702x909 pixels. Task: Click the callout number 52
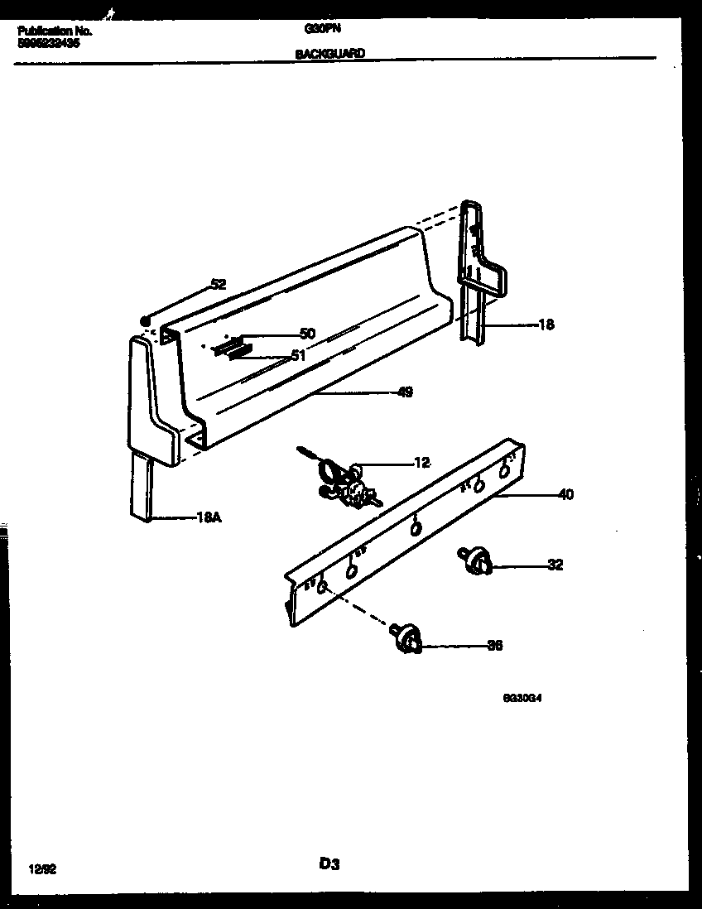[218, 284]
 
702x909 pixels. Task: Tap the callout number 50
[307, 334]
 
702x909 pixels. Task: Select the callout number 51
[298, 356]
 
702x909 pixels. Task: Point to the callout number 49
[405, 392]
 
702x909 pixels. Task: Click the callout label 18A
[209, 519]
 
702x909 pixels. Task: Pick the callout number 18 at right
[546, 325]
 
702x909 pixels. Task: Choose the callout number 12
[422, 463]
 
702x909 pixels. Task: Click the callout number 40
[565, 495]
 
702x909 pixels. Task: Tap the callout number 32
[555, 565]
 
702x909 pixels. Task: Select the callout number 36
[494, 646]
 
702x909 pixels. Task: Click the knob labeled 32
[474, 561]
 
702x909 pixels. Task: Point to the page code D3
[329, 864]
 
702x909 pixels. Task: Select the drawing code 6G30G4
[522, 698]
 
